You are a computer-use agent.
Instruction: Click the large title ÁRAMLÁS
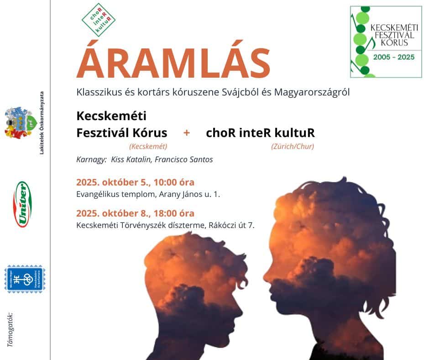click(x=173, y=64)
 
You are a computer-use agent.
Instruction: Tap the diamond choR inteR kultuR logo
click(x=99, y=20)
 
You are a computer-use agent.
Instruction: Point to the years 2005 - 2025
click(x=393, y=58)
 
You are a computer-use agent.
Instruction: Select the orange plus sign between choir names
click(x=186, y=133)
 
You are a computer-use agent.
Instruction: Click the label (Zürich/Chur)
click(x=292, y=147)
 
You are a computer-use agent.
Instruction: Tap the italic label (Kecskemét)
click(x=148, y=147)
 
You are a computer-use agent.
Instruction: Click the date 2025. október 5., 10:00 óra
click(x=135, y=183)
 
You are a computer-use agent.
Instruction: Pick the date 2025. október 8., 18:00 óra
click(x=135, y=213)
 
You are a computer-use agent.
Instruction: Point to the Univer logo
click(x=22, y=204)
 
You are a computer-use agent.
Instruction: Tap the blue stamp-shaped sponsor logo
click(x=25, y=279)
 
